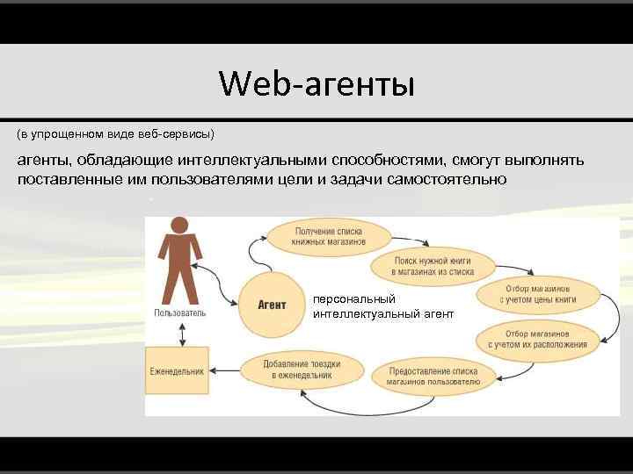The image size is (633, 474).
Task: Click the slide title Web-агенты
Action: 316,85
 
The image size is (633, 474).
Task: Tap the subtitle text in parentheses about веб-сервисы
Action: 115,134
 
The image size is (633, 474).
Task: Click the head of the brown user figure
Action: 179,225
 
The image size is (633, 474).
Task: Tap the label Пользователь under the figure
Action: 180,312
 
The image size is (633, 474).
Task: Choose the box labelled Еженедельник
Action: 177,371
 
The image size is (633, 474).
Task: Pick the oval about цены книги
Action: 537,294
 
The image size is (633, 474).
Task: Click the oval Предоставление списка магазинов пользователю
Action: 434,377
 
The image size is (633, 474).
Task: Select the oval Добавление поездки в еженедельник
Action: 302,370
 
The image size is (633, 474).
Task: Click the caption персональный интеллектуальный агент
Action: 382,306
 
